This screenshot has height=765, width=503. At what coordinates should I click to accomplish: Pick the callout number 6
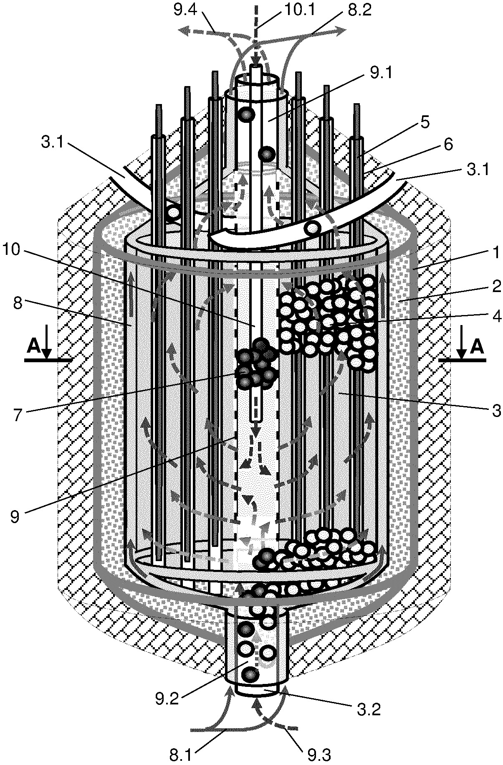(447, 145)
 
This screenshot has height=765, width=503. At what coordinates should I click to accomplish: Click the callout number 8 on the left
(18, 304)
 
